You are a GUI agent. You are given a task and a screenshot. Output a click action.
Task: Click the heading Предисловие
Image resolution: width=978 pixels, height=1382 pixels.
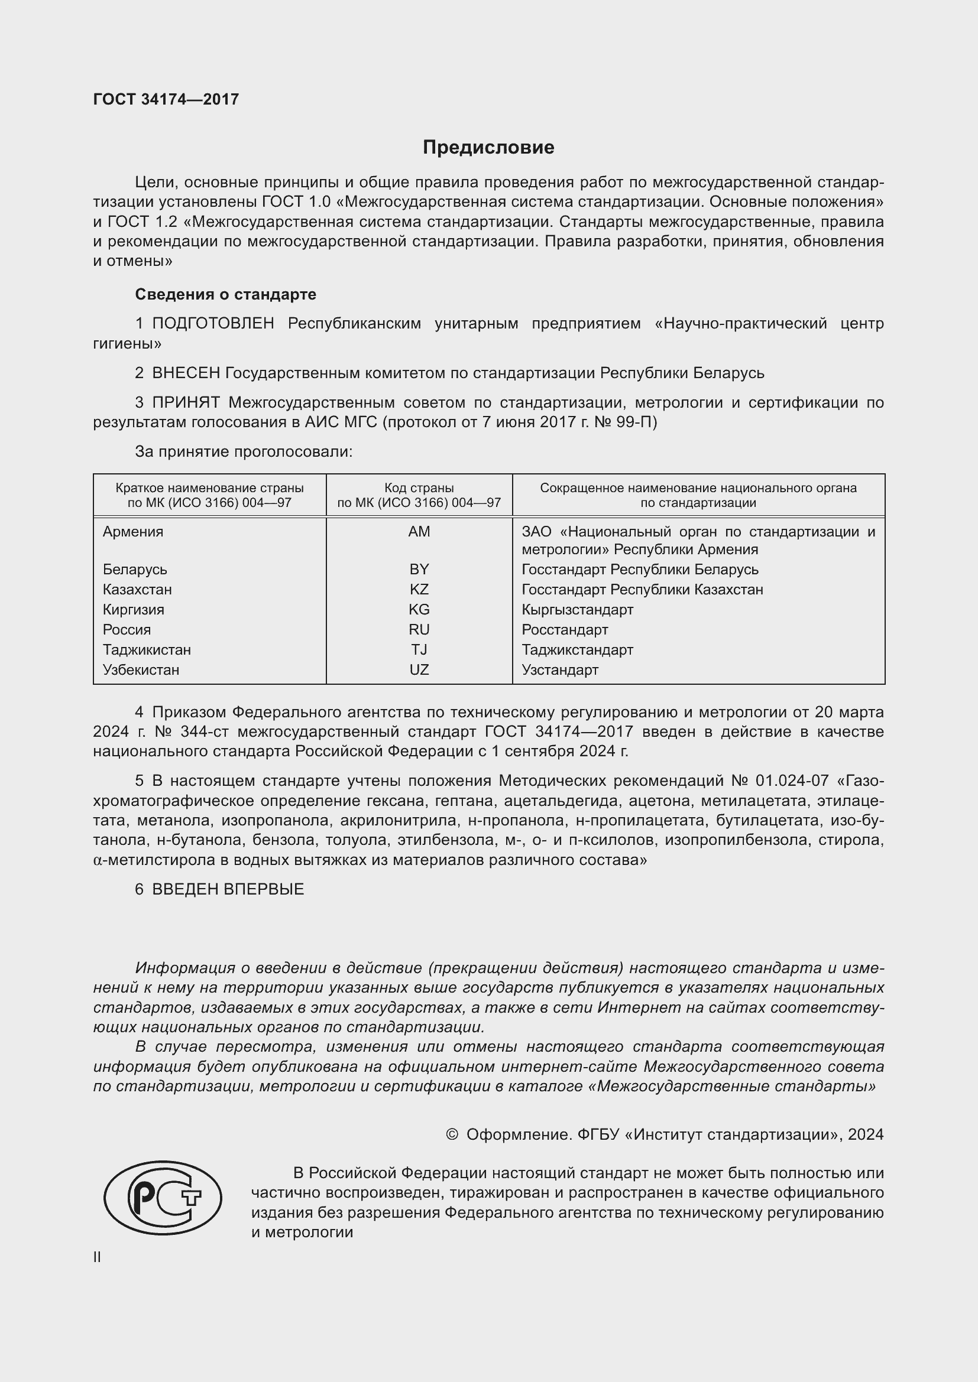click(x=488, y=148)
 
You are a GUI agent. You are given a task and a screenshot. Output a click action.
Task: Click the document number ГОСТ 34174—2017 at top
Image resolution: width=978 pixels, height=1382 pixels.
click(x=166, y=99)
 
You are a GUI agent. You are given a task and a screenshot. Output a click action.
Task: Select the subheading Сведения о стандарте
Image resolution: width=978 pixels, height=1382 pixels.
click(x=225, y=294)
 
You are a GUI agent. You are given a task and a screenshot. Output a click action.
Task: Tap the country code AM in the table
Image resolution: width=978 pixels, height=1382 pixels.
click(x=419, y=532)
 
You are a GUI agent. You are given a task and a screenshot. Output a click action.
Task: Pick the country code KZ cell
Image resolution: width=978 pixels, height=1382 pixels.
click(x=419, y=589)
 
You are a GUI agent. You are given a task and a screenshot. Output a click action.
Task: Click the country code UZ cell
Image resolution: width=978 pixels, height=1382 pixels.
click(x=419, y=670)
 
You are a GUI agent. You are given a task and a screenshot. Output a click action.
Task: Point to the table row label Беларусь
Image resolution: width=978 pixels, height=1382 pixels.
click(x=135, y=570)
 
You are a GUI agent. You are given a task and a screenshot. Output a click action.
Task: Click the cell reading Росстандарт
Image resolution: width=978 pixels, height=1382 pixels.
click(x=564, y=630)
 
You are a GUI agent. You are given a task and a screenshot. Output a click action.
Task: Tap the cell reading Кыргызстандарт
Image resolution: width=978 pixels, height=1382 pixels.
click(x=577, y=610)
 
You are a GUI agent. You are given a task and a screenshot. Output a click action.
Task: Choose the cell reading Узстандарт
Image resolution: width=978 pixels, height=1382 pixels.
click(x=559, y=670)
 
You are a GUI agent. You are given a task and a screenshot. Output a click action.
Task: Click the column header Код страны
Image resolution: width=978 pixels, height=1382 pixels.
click(x=419, y=488)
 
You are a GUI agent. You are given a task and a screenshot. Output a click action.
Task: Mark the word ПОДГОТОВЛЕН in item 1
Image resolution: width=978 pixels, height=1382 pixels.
click(x=213, y=324)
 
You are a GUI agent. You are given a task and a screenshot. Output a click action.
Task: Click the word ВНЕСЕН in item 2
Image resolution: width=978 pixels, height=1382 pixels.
click(x=186, y=373)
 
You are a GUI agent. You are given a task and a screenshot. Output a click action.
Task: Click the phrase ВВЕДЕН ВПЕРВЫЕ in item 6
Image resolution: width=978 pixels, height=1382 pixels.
click(x=228, y=889)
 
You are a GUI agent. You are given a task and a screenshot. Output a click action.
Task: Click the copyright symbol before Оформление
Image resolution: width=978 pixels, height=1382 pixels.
click(x=452, y=1134)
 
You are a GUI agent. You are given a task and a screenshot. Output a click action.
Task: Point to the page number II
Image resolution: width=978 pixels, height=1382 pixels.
click(x=97, y=1257)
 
